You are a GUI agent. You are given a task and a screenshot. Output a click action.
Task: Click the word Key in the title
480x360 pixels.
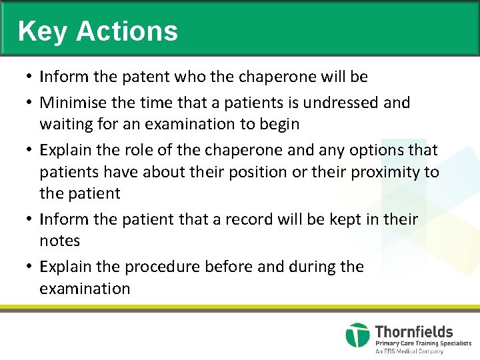[43, 31]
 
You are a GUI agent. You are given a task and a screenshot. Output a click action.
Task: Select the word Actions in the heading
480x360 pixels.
[127, 31]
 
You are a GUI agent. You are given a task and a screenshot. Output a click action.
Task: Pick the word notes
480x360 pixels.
[59, 241]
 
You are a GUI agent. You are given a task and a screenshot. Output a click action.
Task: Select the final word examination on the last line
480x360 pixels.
[85, 289]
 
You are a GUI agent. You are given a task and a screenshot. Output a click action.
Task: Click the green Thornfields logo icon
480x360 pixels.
[357, 335]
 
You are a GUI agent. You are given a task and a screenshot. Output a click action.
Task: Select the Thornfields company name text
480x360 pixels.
[413, 331]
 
